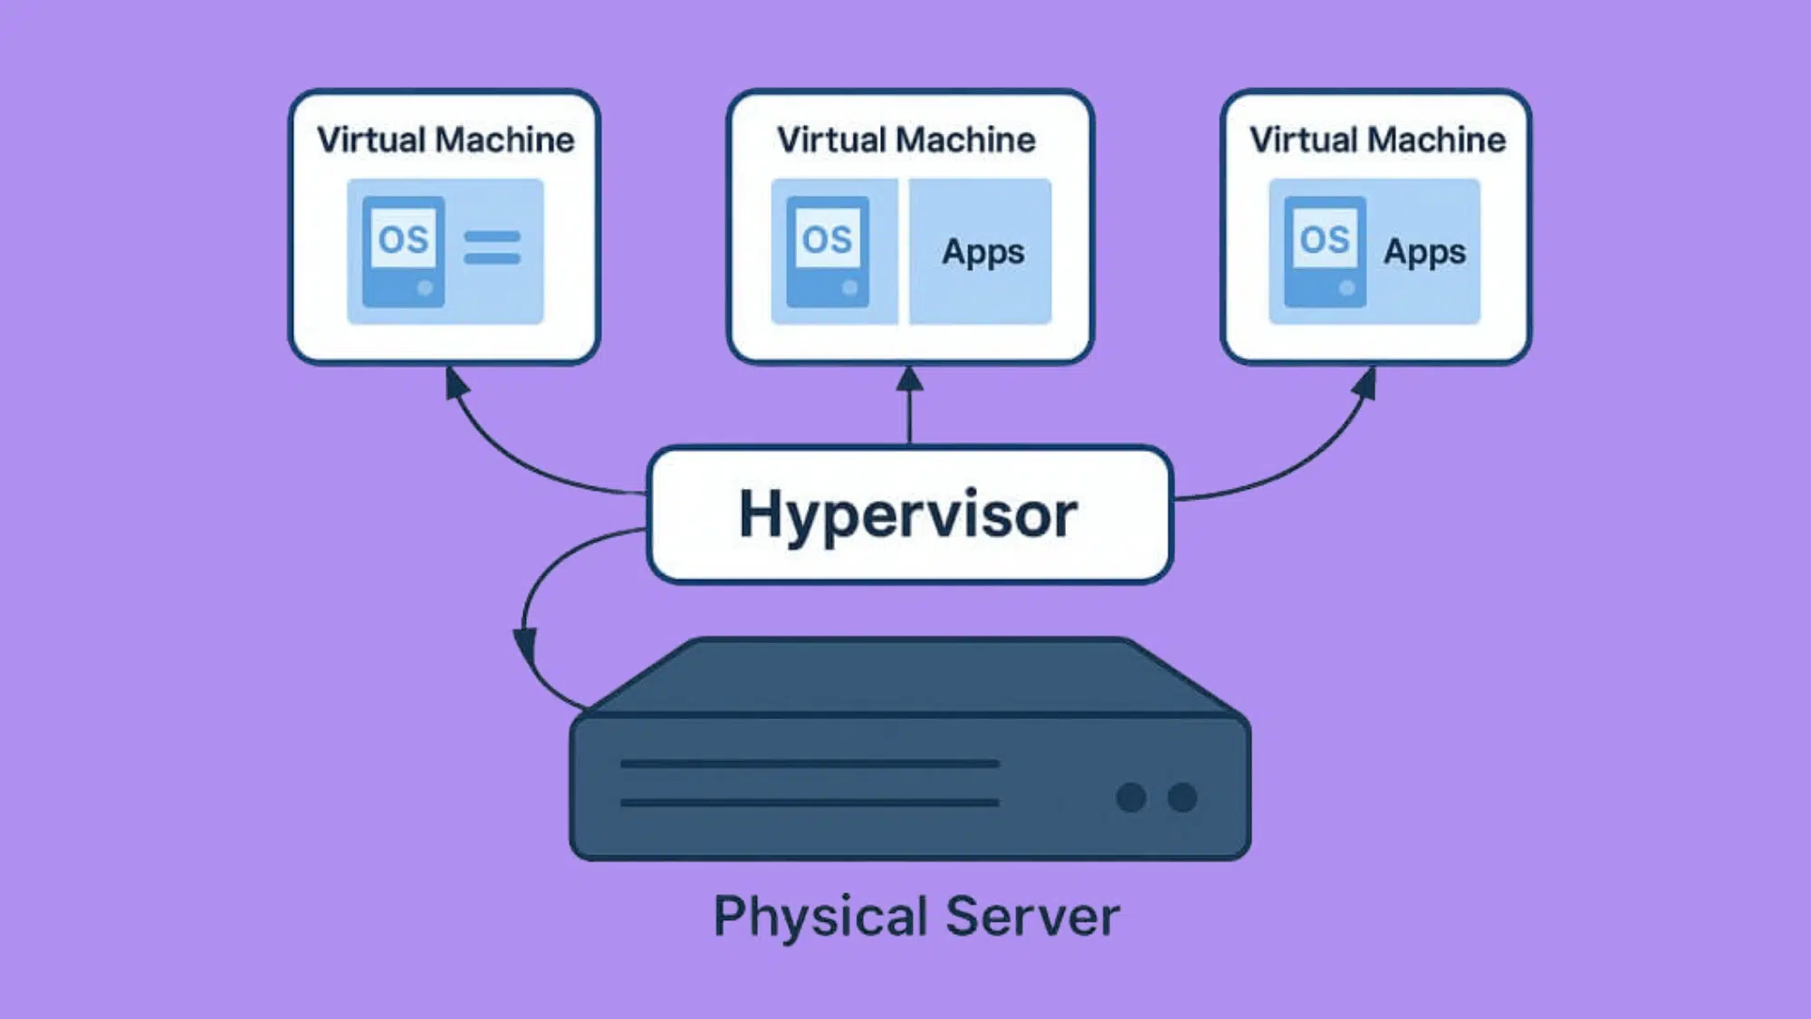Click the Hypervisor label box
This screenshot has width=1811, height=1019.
pos(909,514)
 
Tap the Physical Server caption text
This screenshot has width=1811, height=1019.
pos(915,917)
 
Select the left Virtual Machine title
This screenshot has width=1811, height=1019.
pos(446,140)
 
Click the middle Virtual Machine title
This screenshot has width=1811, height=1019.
pos(906,140)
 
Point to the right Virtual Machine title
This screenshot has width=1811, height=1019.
pos(1377,140)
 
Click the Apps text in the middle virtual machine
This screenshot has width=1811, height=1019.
pos(983,252)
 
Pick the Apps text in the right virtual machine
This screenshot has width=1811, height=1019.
pos(1424,252)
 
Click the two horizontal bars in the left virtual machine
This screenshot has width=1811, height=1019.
pos(492,247)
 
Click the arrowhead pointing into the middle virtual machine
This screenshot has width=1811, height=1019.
pos(909,379)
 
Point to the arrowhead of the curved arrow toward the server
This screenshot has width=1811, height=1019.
pos(524,645)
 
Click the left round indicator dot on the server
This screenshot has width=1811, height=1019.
pos(1131,797)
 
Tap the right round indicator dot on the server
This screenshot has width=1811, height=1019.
pos(1182,797)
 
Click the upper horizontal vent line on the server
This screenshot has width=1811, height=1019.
pos(810,764)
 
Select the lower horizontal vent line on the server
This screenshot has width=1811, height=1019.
pos(810,803)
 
